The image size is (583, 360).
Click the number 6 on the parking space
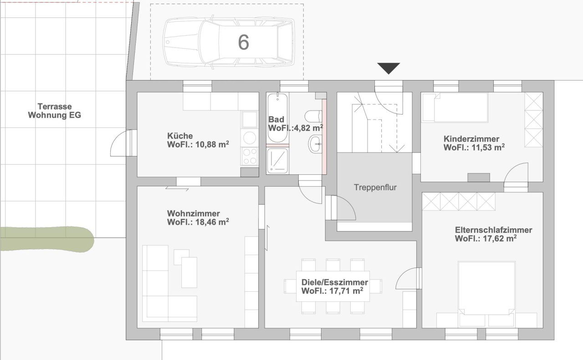click(244, 42)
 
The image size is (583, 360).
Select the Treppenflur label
click(375, 187)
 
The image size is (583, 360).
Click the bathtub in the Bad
click(277, 117)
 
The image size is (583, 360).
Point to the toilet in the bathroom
click(313, 115)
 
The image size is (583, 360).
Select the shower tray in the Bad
click(277, 160)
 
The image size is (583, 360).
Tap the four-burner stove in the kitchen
click(250, 156)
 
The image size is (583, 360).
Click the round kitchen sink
click(250, 137)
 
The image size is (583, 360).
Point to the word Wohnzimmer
click(194, 213)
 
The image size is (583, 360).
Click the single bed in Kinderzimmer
click(454, 107)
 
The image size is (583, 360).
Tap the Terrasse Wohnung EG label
click(54, 111)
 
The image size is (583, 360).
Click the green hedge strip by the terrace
click(46, 239)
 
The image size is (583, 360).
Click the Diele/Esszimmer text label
click(335, 282)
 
